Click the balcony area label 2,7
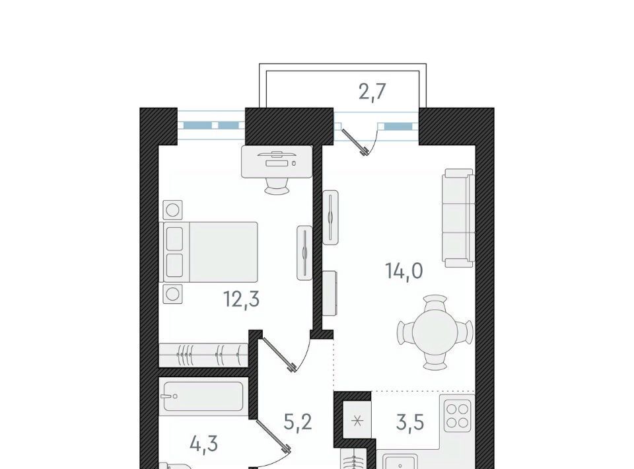[x=372, y=92]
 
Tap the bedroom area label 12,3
[x=242, y=300]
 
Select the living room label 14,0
[x=404, y=270]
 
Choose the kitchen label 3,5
[x=410, y=423]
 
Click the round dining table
[x=435, y=332]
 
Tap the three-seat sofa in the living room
[x=458, y=218]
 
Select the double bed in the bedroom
[x=209, y=252]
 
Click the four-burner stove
[x=458, y=415]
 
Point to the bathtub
[x=203, y=396]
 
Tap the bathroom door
[x=273, y=436]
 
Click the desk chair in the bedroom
[x=277, y=186]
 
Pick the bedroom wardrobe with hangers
[x=203, y=355]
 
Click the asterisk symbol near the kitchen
[x=357, y=422]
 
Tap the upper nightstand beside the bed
[x=172, y=210]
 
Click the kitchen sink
[x=400, y=462]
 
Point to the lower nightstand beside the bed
[x=172, y=294]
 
